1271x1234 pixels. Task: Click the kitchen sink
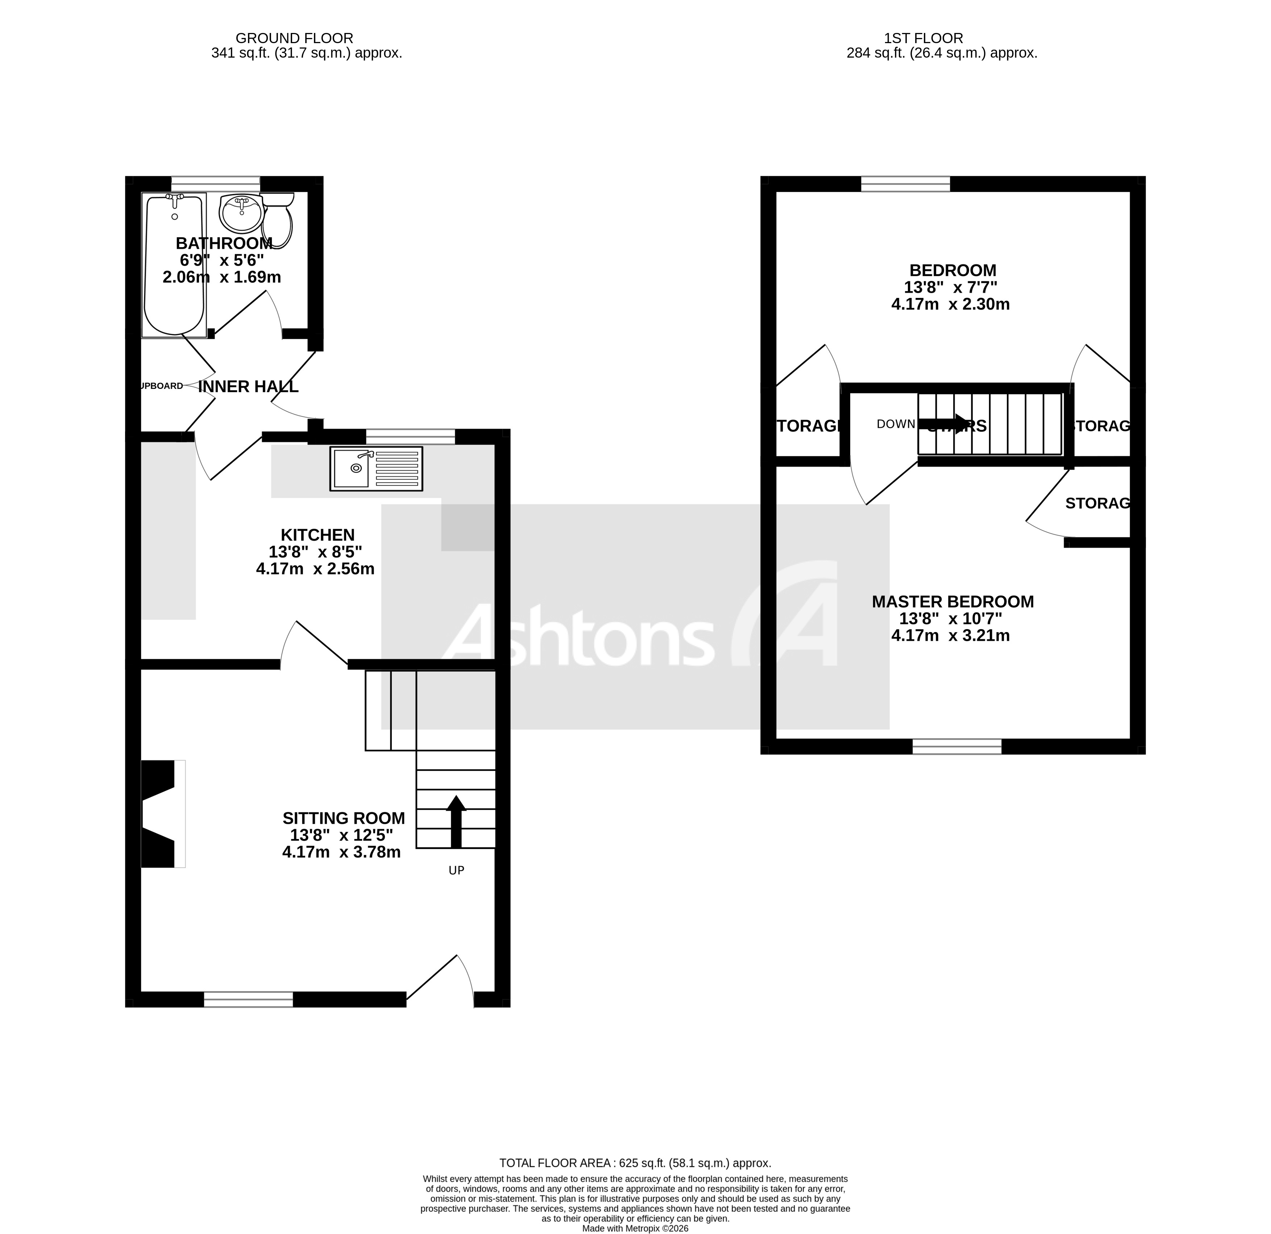coord(376,468)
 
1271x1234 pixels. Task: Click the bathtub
coord(174,266)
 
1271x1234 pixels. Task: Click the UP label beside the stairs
coord(457,870)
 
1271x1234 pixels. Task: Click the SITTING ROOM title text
coord(343,818)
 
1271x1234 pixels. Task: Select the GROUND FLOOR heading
coord(294,38)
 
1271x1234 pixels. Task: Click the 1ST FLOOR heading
coord(923,38)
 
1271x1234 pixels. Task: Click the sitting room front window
coord(248,999)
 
